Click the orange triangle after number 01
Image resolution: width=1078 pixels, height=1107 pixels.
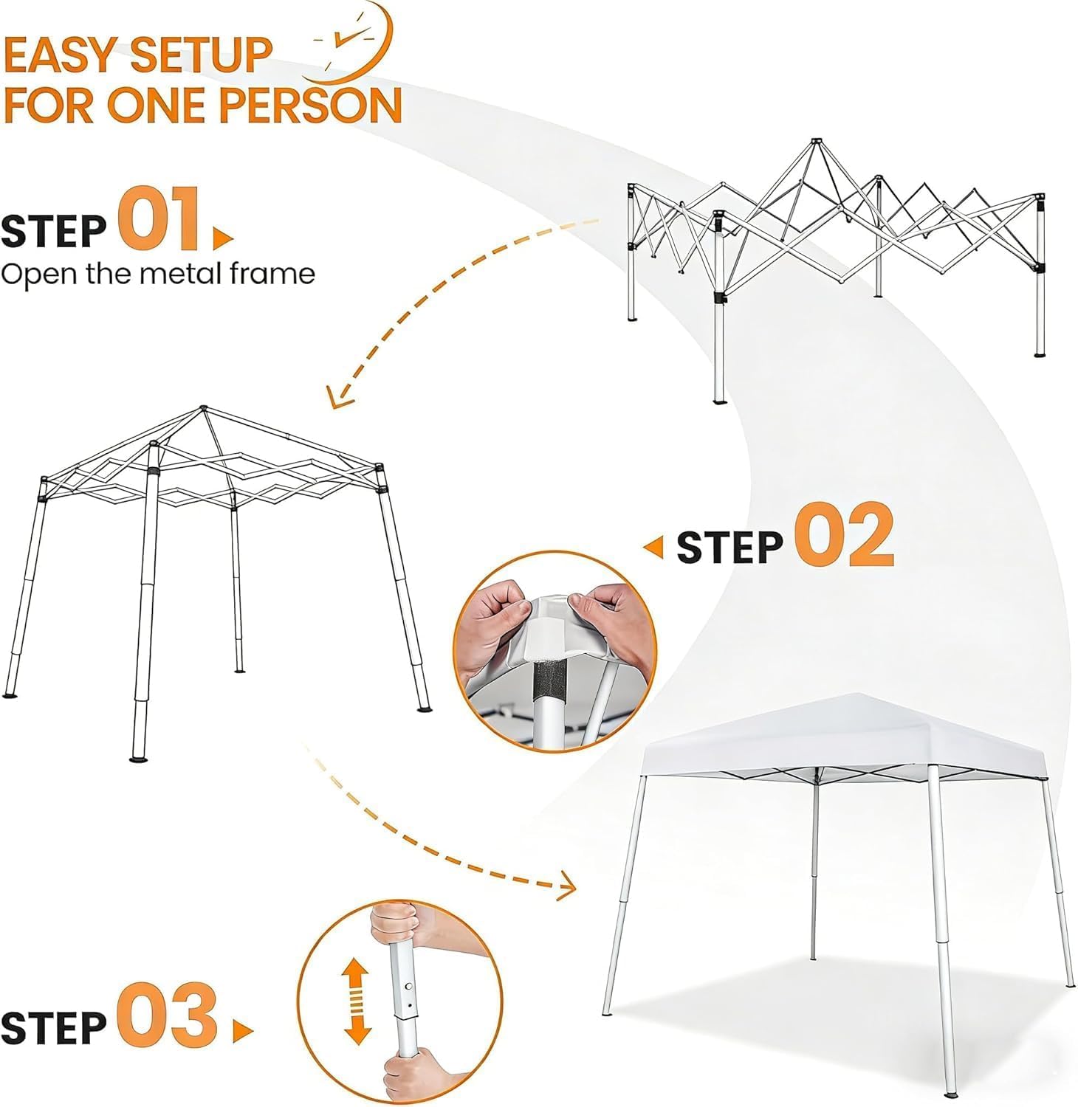tap(222, 238)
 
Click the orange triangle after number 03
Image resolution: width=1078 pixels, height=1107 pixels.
tap(243, 1031)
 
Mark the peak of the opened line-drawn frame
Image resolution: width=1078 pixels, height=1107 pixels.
tap(204, 408)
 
